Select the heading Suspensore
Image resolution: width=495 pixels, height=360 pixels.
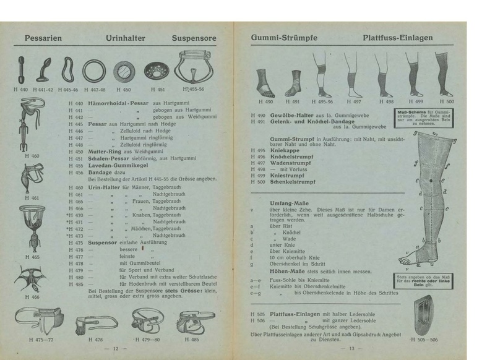(x=194, y=38)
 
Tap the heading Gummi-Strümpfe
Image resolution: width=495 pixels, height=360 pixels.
(x=285, y=38)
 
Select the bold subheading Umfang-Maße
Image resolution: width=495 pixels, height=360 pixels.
(x=293, y=203)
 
